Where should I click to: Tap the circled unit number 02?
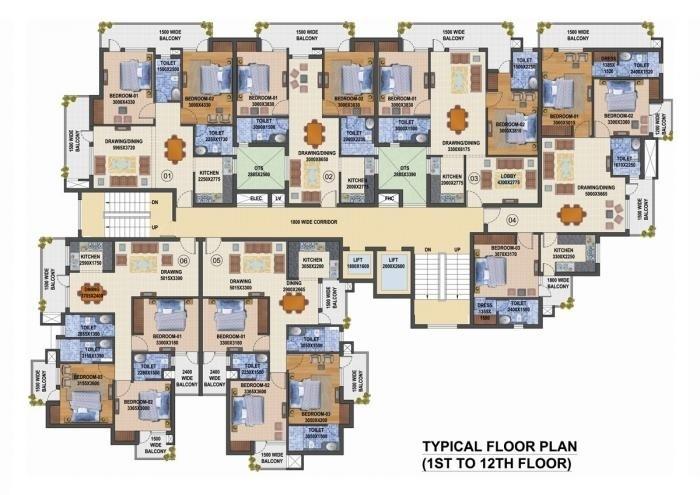click(x=327, y=177)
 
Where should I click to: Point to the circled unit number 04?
click(x=513, y=219)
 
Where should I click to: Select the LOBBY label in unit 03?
click(x=508, y=178)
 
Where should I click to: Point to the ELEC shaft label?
click(x=255, y=199)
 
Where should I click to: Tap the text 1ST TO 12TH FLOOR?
click(x=497, y=464)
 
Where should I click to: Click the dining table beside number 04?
click(x=572, y=215)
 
